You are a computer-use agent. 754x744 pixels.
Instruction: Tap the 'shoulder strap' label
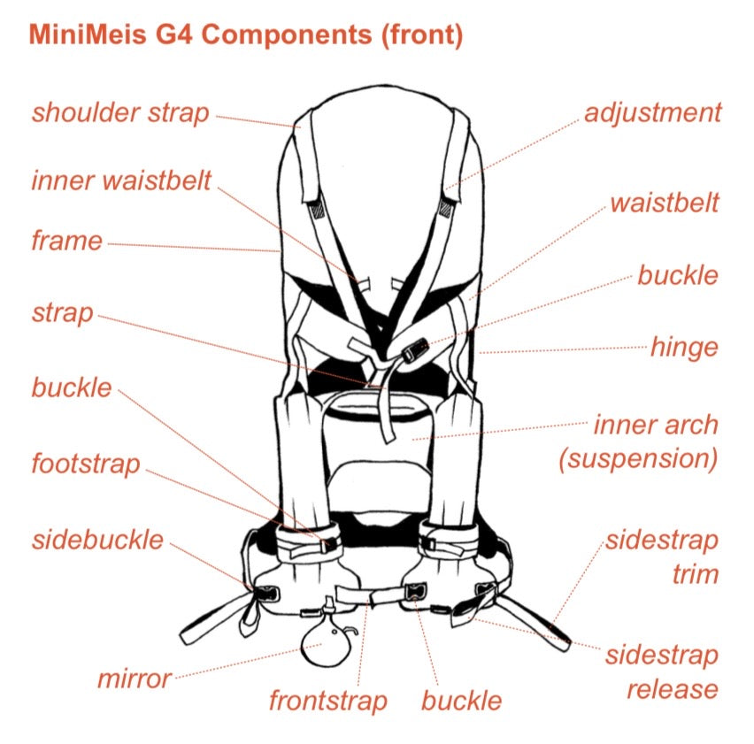coord(120,113)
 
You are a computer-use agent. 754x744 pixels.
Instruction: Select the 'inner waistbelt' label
coord(121,180)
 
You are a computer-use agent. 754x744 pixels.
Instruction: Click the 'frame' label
coord(66,240)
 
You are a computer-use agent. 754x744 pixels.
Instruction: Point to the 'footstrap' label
coord(85,464)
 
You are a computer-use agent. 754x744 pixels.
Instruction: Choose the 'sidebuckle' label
coord(97,540)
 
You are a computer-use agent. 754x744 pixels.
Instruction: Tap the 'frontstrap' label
coord(328,702)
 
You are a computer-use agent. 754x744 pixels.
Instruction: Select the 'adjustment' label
coord(653,113)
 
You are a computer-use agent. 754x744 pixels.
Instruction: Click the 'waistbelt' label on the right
coord(665,203)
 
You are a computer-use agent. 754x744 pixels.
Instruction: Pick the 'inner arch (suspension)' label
coord(655,441)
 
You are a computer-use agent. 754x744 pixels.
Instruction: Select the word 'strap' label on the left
coord(62,313)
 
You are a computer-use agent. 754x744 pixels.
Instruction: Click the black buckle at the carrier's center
coord(412,353)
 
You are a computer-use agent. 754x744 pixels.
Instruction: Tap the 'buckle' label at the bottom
coord(461,702)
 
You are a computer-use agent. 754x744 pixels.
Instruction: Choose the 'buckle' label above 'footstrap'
coord(72,387)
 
